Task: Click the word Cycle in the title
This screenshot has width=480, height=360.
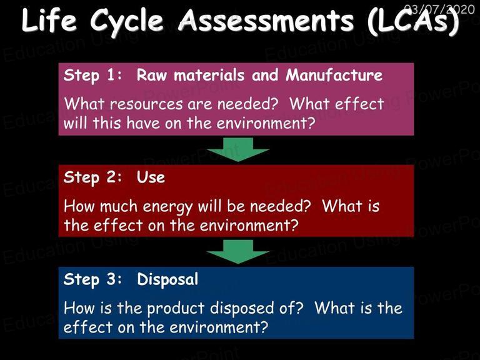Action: tap(127, 22)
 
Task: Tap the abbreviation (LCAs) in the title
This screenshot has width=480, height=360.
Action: tap(413, 21)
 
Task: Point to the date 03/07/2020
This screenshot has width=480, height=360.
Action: tap(439, 9)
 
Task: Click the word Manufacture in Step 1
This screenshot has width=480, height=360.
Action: tap(334, 75)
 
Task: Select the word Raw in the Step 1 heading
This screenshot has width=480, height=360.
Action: tap(152, 75)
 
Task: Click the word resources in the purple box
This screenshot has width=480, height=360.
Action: tap(146, 104)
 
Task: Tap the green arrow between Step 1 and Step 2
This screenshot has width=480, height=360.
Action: tap(238, 149)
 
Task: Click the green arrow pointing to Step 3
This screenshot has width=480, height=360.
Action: tap(238, 252)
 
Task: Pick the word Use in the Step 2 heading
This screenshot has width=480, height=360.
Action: tap(151, 177)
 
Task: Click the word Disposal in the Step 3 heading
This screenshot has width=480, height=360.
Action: tap(167, 280)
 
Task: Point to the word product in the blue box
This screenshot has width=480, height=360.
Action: tap(176, 309)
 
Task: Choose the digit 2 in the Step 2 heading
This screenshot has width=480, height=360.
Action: tap(111, 177)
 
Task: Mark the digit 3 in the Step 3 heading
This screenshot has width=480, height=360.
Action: tap(111, 279)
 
